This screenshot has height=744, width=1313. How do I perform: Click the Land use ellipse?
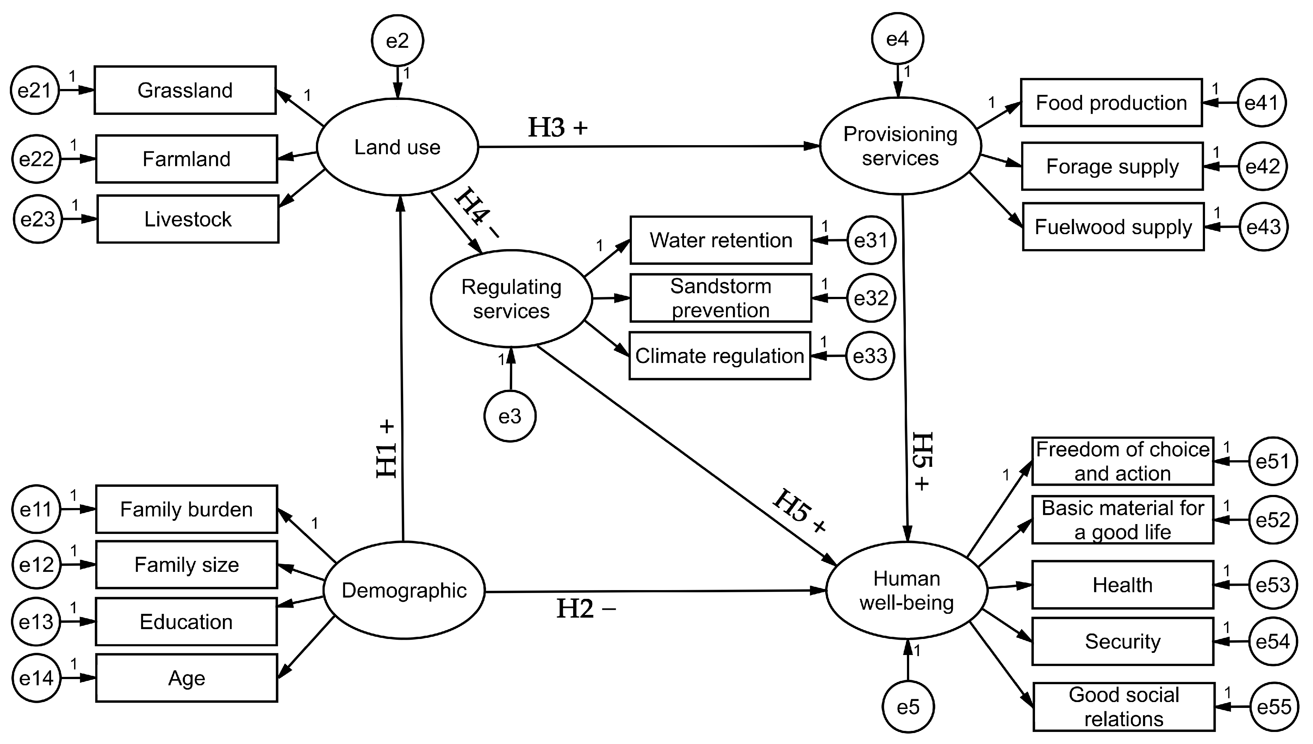[397, 147]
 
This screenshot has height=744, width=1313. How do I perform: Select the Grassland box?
[185, 90]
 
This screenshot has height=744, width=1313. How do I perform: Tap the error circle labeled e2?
[397, 40]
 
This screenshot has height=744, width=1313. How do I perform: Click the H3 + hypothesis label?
[557, 127]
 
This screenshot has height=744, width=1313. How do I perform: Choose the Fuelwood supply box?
[1113, 227]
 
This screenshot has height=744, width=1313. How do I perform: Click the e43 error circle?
[1263, 227]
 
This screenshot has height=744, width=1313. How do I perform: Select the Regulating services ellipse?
[511, 298]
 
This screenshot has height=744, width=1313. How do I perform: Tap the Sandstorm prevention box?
[721, 298]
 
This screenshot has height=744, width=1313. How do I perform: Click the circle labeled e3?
[510, 416]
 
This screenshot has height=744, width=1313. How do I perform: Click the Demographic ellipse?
[404, 590]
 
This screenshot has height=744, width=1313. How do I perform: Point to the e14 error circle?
[36, 678]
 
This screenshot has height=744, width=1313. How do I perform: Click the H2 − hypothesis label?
[586, 609]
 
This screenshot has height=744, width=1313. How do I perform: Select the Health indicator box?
[1122, 585]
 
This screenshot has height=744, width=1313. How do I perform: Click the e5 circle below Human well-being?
[908, 707]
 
